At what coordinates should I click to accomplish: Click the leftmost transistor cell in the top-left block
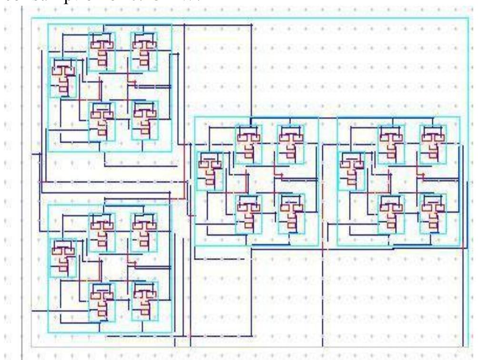point(62,78)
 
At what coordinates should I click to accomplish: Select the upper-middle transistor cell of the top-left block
point(101,52)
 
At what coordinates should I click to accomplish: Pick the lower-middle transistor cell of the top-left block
point(101,120)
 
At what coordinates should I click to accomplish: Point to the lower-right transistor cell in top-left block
point(144,120)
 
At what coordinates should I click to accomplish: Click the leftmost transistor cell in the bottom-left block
point(62,258)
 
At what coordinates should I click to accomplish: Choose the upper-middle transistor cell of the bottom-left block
point(102,232)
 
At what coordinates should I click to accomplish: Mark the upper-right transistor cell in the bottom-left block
point(144,232)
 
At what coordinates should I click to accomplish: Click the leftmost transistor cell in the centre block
point(209,171)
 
